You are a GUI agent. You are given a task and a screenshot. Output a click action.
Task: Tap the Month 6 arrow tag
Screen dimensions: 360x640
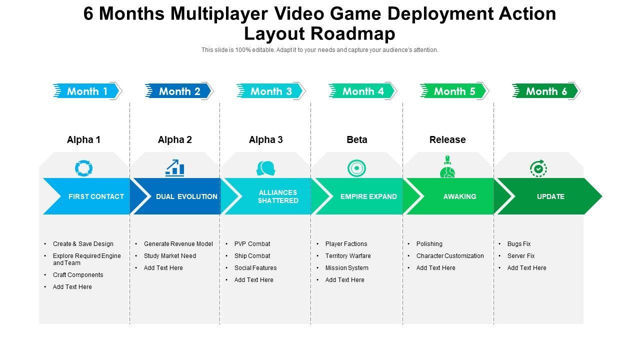coord(546,91)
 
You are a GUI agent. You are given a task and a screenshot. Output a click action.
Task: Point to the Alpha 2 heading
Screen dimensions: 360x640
coord(175,140)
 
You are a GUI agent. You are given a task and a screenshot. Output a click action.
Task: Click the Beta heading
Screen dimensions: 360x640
coord(357,140)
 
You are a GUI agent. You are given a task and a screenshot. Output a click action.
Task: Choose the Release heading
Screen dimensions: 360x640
coord(447,140)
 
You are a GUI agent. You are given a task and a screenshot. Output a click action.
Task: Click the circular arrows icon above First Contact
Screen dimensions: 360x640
coord(83,168)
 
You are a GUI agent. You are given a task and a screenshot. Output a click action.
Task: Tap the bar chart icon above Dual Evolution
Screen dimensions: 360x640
coord(175,168)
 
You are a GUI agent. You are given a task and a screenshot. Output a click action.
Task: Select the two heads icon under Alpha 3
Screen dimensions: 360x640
coord(266,168)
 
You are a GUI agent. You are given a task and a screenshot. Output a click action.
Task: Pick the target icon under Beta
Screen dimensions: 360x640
coord(357,168)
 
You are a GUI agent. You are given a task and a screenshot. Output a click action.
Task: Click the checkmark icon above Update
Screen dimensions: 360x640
coord(538,168)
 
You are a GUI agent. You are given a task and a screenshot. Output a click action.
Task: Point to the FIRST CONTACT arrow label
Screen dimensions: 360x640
coord(96,196)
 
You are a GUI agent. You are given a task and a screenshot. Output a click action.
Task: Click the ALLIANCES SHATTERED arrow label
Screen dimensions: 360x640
coord(278,196)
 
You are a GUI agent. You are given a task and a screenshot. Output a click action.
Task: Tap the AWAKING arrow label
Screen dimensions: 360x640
coord(459,196)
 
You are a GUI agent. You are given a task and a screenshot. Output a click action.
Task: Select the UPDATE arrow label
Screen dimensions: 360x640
coord(550,196)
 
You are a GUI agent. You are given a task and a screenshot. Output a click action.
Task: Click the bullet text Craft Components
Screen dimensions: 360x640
coord(78,275)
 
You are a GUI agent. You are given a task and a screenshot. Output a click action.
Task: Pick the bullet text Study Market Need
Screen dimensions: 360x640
coord(170,256)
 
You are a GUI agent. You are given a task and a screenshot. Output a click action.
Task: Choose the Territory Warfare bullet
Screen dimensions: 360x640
coord(348,256)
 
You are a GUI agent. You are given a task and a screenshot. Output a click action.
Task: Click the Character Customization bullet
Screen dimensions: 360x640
coord(450,256)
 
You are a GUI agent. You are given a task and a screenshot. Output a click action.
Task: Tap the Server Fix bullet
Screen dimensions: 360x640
coord(521,256)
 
